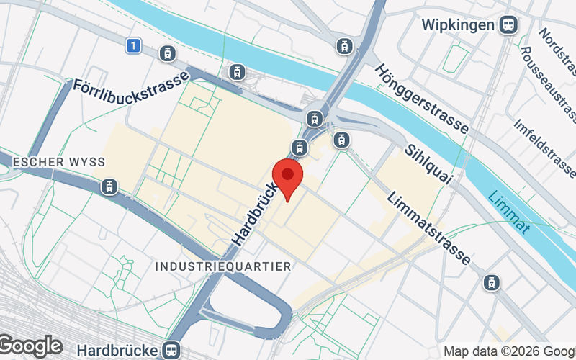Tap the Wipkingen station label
(x=457, y=24)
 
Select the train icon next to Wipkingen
(x=509, y=24)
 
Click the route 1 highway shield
(x=131, y=45)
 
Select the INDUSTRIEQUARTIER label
(x=223, y=266)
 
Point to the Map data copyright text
(x=508, y=351)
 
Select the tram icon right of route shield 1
(x=167, y=53)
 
